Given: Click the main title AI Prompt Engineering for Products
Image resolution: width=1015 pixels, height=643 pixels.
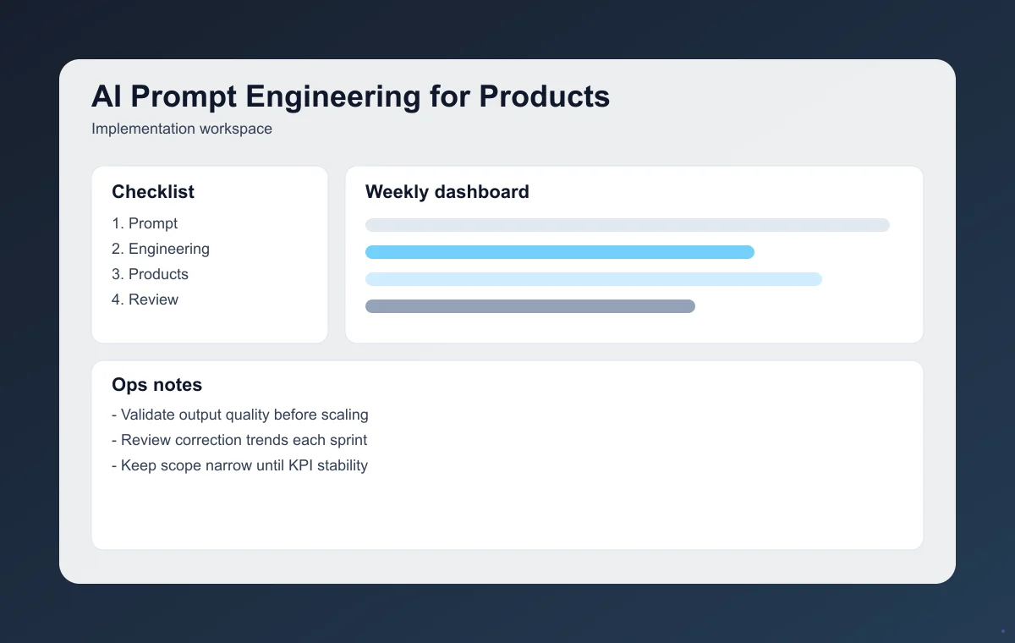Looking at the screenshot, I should pos(350,97).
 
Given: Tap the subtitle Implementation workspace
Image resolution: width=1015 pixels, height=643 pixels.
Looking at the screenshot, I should pos(182,129).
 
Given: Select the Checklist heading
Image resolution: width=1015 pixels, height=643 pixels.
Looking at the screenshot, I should pos(153,192).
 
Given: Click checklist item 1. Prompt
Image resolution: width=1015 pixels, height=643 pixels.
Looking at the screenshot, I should pos(145,223).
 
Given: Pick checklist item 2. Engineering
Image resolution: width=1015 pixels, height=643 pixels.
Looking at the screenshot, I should pos(161,249).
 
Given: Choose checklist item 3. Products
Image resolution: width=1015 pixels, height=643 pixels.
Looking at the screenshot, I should pos(150,274).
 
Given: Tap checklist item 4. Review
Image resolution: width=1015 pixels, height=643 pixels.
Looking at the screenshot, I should pos(145,300).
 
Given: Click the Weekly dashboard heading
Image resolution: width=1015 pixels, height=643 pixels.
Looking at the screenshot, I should pos(447,192).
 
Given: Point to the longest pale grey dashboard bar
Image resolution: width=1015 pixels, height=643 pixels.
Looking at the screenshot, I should pos(627,225).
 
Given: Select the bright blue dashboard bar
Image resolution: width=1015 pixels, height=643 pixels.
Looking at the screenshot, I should pos(559,252).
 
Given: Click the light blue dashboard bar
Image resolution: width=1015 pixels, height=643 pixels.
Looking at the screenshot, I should pos(593,279).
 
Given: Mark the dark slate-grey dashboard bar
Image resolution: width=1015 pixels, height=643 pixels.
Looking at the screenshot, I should pos(529,306).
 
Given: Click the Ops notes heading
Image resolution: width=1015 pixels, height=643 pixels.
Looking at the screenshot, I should pos(156,385).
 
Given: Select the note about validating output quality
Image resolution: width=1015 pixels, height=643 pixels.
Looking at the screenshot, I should pos(240,415).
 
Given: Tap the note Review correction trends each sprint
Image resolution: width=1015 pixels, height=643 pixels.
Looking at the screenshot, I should pos(239,440).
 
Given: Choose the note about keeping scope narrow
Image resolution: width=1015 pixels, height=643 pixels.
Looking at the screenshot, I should pos(240,465).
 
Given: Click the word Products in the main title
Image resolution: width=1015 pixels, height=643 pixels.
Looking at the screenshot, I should pos(545,97).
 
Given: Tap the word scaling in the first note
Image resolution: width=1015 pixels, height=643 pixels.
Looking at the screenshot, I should pos(343,415).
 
